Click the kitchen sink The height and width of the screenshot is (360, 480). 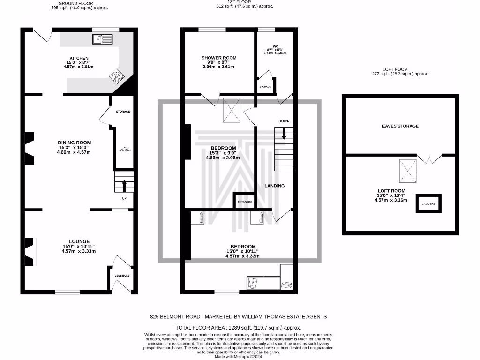(103, 39)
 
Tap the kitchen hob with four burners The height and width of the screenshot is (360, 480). (116, 75)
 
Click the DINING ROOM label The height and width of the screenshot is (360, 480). (74, 142)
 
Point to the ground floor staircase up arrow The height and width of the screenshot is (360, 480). (124, 186)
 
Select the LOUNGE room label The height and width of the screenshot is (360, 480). (79, 241)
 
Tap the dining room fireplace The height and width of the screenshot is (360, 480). (30, 148)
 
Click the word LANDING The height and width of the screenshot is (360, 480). (274, 186)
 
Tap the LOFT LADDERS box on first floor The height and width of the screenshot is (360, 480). (244, 201)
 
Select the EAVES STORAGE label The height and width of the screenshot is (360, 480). (400, 126)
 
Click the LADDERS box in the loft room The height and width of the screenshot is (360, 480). (428, 203)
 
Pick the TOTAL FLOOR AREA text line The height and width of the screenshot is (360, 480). (238, 328)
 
